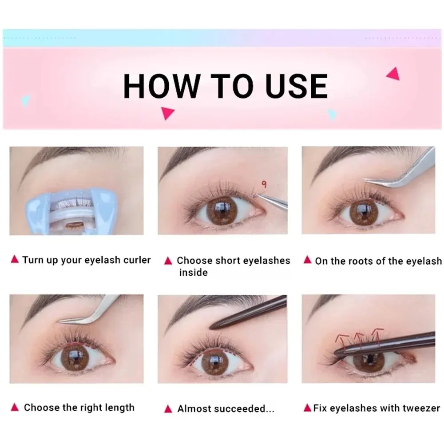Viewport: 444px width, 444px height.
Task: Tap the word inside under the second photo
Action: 193,273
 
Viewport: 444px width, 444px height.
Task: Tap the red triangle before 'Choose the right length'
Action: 15,407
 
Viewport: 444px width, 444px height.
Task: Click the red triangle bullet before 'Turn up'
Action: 15,260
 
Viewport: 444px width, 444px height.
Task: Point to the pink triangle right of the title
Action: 393,74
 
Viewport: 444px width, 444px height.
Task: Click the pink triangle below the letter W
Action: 167,113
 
